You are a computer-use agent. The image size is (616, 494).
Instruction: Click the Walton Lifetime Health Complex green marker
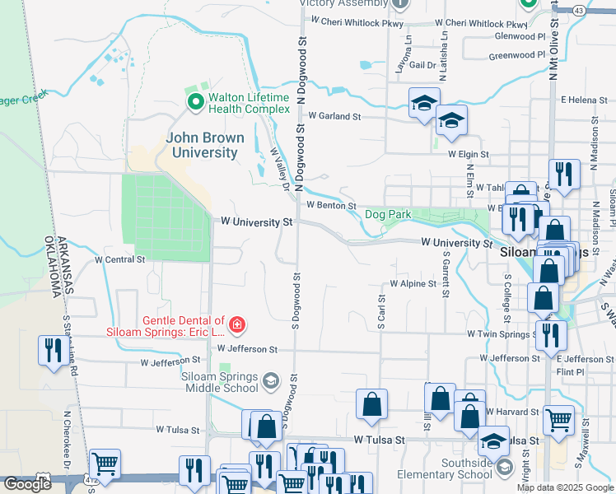pyautogui.click(x=196, y=103)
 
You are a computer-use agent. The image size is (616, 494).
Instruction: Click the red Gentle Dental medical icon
pyautogui.click(x=237, y=325)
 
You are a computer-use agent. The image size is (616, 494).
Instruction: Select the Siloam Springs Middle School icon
pyautogui.click(x=270, y=381)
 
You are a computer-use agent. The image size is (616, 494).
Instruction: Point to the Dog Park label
pyautogui.click(x=388, y=215)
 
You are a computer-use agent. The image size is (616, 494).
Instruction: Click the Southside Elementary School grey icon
pyautogui.click(x=503, y=468)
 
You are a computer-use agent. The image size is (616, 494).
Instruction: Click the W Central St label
pyautogui.click(x=119, y=259)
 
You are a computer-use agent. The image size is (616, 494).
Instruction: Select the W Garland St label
pyautogui.click(x=334, y=117)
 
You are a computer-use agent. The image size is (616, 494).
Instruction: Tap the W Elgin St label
pyautogui.click(x=468, y=154)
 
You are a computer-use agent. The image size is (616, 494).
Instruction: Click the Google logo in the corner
pyautogui.click(x=27, y=484)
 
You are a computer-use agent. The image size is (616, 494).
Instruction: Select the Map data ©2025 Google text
pyautogui.click(x=565, y=487)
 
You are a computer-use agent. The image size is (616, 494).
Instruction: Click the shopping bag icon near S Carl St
pyautogui.click(x=371, y=403)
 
